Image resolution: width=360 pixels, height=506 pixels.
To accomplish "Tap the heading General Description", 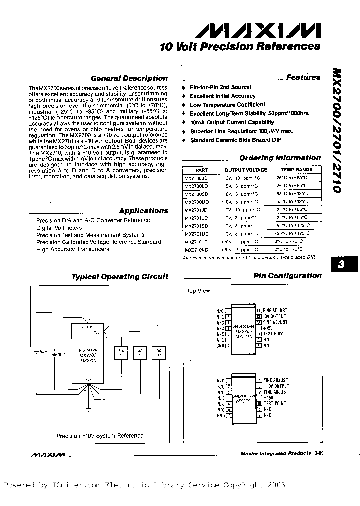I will [x=129, y=78].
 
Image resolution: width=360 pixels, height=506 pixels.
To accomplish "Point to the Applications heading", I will [x=143, y=211].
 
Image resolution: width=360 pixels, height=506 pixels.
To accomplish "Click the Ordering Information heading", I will [x=280, y=158].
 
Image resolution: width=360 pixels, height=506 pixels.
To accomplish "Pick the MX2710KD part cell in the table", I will [x=196, y=249].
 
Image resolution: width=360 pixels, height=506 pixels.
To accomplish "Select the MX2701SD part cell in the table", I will [x=196, y=225].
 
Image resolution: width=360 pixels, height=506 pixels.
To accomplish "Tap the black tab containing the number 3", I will [x=342, y=265].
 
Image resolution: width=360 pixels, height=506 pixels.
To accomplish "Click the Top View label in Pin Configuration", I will [x=198, y=291].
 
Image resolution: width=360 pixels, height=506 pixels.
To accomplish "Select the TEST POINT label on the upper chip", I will [x=275, y=334].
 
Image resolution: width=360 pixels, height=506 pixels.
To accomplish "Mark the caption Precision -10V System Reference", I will [x=99, y=435].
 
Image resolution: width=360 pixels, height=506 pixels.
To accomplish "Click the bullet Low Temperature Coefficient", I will [x=227, y=105].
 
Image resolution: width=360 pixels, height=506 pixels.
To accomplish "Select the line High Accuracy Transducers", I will [x=72, y=249].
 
